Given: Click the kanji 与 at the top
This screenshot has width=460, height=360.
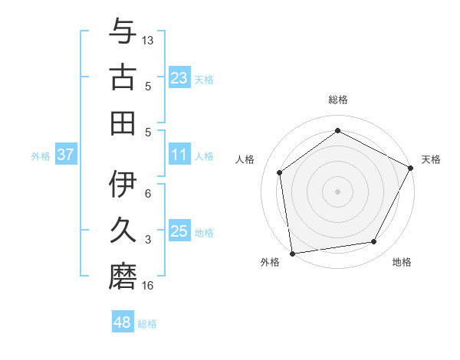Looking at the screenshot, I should (123, 31).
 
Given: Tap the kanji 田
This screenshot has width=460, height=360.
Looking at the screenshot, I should (123, 123).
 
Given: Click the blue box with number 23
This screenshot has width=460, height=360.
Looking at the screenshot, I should (179, 77).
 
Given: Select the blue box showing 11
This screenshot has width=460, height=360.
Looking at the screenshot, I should (179, 155).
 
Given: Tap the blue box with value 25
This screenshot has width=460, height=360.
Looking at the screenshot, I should (179, 232).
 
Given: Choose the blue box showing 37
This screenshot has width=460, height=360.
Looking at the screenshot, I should (66, 155).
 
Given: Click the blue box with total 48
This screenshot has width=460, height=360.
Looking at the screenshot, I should (123, 323).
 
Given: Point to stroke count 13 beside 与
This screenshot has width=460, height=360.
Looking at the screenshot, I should (149, 39).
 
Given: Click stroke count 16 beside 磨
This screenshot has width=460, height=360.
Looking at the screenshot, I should (149, 286).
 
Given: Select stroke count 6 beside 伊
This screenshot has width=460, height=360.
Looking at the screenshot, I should (148, 194).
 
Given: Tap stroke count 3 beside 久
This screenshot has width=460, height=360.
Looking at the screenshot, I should (148, 240).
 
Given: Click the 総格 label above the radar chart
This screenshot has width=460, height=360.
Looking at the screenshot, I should (338, 100).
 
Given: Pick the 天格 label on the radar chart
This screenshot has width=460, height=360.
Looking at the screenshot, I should (431, 159).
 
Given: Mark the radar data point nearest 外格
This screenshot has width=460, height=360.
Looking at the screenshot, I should (292, 253).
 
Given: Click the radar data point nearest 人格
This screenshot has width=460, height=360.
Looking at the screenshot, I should (280, 172).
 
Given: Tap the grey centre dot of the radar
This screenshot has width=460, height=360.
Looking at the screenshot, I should (338, 191).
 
